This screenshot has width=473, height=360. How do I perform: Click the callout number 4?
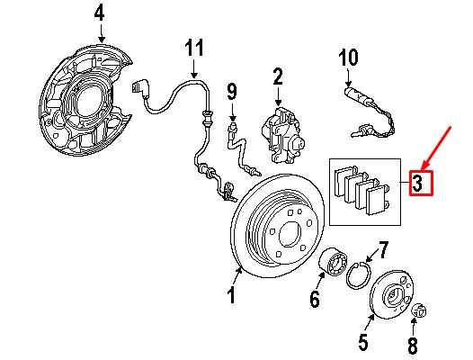(99, 13)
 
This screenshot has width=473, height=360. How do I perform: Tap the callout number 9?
(231, 90)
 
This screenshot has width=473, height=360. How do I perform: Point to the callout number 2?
(277, 76)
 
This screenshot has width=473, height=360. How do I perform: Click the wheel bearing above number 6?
(335, 263)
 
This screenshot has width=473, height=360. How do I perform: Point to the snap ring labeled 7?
(359, 274)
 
